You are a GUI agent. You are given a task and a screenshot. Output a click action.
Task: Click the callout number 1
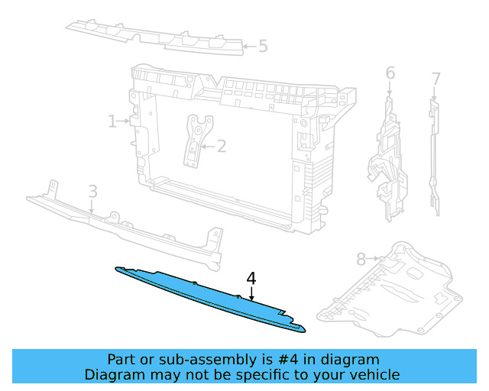[x=112, y=121]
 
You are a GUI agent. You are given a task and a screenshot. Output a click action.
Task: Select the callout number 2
[x=222, y=146]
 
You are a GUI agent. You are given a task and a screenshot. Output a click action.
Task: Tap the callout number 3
[x=92, y=191]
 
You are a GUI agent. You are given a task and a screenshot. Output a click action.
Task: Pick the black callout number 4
[x=251, y=278]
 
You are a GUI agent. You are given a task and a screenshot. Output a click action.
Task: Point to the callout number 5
[x=263, y=47]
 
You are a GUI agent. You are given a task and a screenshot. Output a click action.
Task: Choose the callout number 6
[x=390, y=73]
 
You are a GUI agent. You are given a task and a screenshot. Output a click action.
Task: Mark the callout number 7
[x=436, y=79]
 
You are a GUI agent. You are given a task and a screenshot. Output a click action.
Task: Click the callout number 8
[x=361, y=259]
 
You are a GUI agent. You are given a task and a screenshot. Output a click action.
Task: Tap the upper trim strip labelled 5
[x=153, y=34]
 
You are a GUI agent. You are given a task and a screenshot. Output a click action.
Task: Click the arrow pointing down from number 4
[x=251, y=293]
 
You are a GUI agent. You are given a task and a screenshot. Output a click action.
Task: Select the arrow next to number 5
[x=248, y=47]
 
